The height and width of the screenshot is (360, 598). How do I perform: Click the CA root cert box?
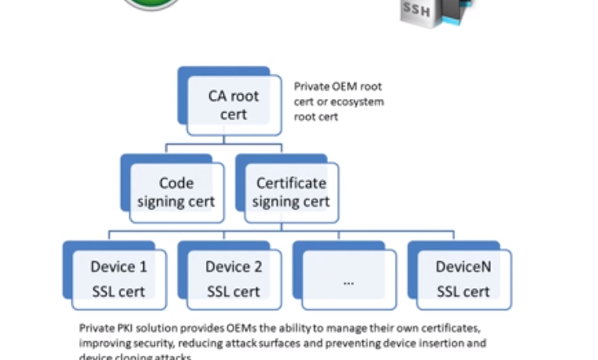point(232,105)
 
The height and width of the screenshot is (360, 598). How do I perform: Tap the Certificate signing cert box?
point(290,191)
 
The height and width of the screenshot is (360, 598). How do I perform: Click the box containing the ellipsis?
point(348,278)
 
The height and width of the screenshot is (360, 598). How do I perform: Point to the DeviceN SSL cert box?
point(464,278)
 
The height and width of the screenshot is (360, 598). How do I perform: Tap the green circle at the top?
point(155,4)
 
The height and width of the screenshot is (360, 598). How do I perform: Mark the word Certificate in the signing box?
point(291,182)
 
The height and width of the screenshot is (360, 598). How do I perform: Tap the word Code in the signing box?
point(176,182)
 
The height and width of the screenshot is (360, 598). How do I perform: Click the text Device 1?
point(119,267)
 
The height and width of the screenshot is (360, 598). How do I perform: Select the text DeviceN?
point(464,267)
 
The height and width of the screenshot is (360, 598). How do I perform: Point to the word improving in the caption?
point(105,343)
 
